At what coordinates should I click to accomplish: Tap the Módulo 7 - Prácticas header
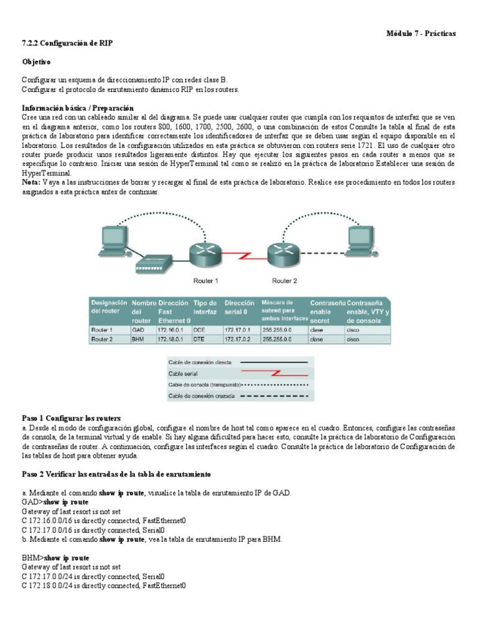pos(421,33)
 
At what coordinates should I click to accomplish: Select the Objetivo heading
pos(37,62)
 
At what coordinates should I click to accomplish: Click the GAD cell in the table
pos(138,330)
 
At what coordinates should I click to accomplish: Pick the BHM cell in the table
pos(138,340)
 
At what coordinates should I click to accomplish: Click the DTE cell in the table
pos(200,340)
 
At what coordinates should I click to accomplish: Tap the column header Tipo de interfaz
pos(205,307)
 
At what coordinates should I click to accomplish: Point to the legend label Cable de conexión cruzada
pos(200,396)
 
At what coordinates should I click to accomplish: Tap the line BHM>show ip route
pos(55,558)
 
